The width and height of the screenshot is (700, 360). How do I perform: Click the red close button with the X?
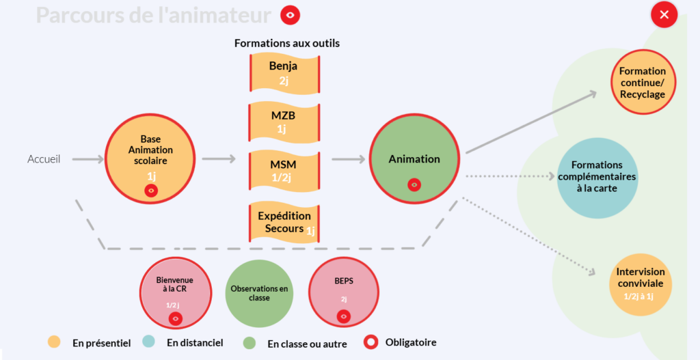[664, 15]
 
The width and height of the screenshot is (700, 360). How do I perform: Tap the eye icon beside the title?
[290, 15]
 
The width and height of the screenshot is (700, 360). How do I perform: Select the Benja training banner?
[284, 74]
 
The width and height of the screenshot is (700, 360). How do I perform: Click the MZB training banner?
[284, 122]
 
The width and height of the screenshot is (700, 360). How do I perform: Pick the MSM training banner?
[284, 171]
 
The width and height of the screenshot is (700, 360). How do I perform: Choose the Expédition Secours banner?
[284, 223]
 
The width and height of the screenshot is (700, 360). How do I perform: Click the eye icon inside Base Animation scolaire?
[151, 191]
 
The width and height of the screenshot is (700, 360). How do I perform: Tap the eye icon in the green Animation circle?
[414, 184]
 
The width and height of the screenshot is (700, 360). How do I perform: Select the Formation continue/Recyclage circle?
[643, 82]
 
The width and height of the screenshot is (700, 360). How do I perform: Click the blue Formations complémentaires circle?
[597, 178]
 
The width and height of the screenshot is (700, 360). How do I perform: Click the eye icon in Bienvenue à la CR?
[176, 318]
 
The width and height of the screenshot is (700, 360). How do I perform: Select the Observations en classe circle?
[259, 294]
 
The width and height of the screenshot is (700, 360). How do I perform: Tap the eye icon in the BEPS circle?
[343, 316]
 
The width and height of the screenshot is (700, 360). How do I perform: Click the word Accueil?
[44, 159]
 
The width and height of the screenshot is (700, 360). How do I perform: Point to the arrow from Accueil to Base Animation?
[87, 158]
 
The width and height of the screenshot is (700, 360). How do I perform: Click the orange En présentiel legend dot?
[54, 342]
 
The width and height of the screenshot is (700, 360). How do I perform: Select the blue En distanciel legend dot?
[148, 342]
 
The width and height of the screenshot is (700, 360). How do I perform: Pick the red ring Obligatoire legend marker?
[371, 342]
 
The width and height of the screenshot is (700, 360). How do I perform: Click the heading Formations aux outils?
[287, 43]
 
